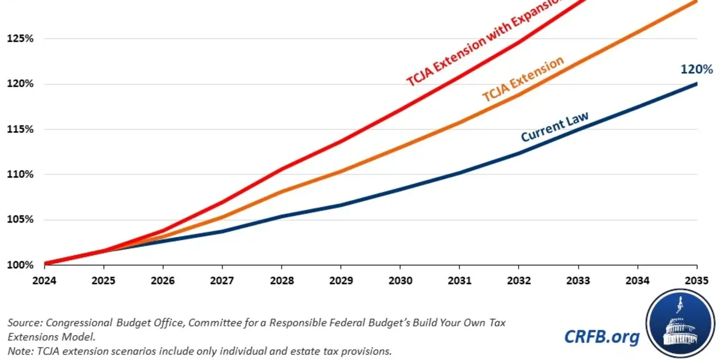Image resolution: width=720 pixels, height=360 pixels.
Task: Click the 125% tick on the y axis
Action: point(20,39)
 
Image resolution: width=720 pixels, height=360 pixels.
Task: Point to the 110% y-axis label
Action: point(20,174)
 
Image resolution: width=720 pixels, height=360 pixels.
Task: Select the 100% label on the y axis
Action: point(20,265)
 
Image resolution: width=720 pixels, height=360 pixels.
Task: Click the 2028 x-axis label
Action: point(281,280)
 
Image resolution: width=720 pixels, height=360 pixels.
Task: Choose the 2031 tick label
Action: point(459,280)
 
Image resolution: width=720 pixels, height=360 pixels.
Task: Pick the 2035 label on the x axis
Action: point(696,280)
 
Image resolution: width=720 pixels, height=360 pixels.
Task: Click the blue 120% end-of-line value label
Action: point(696,70)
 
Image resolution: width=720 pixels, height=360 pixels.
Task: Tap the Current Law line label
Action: point(555,127)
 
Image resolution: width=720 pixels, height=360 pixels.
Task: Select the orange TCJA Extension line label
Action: point(523,79)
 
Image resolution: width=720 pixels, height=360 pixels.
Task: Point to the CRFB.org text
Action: point(602,336)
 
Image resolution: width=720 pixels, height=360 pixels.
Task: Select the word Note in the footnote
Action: point(19,350)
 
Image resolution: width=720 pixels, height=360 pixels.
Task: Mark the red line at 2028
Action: point(281,168)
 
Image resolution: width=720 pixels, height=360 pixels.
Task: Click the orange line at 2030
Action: point(400,147)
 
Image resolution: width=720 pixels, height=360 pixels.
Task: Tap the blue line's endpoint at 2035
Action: point(696,84)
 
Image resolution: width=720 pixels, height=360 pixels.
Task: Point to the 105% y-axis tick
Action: point(20,219)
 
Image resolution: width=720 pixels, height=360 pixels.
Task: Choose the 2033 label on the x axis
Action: point(578,280)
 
